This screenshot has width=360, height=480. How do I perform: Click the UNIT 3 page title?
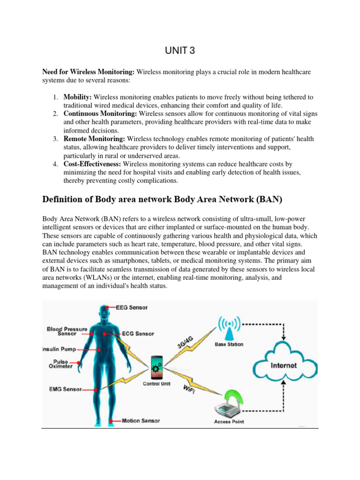click(180, 51)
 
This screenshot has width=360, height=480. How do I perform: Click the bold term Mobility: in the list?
click(78, 97)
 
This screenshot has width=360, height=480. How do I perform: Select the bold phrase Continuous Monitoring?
click(100, 113)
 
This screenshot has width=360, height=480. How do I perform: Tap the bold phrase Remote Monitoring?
click(95, 139)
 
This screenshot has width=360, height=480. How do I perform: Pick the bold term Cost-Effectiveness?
click(92, 164)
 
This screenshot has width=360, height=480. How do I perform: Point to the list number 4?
click(55, 164)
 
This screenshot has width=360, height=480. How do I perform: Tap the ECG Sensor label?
click(138, 334)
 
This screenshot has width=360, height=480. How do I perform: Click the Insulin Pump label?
click(58, 349)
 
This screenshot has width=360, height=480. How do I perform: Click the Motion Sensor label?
click(141, 420)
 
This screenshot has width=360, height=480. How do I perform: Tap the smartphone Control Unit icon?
click(157, 367)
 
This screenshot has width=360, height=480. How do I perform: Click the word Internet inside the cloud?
click(284, 365)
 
